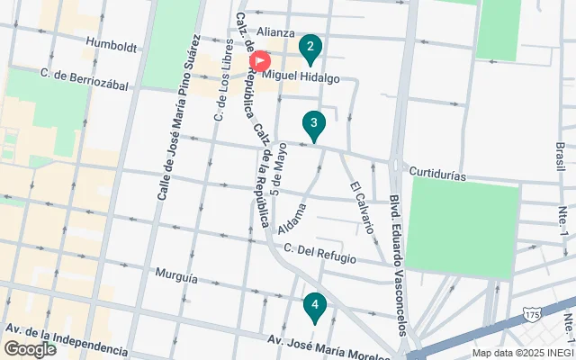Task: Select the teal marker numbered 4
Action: point(314,308)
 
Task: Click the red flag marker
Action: point(260,62)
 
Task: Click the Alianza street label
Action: point(276,31)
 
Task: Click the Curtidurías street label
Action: point(436,173)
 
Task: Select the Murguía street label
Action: point(175,278)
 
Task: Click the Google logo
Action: point(30,349)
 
